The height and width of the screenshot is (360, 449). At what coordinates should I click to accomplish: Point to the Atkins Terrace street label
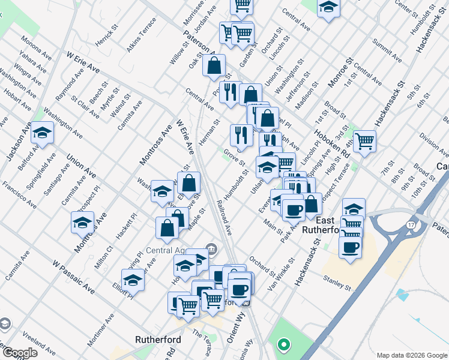pos(142,34)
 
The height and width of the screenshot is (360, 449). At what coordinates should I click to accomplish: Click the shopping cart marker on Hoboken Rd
pos(364,142)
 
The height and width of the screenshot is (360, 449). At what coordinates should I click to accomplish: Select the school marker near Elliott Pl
pos(133,280)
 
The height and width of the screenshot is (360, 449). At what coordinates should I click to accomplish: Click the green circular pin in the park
pos(283,345)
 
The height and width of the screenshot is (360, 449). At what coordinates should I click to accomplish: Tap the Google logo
pos(19,353)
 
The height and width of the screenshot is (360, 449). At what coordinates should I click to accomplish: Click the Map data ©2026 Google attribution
pos(411,355)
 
